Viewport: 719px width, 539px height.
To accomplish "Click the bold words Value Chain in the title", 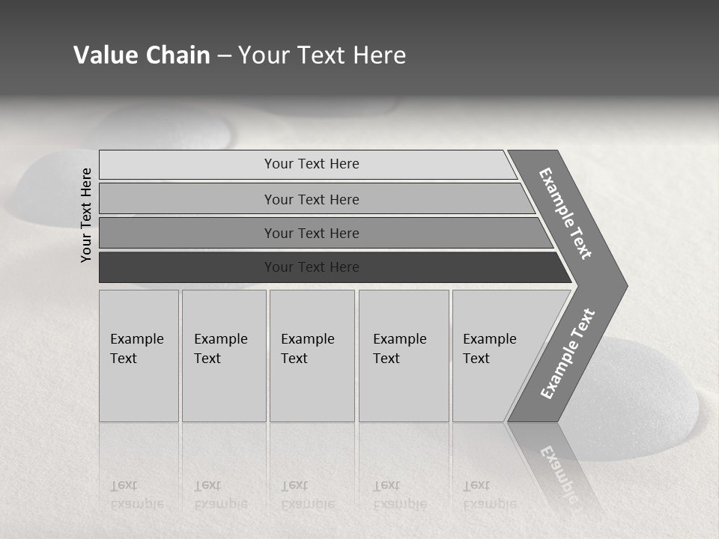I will [142, 55].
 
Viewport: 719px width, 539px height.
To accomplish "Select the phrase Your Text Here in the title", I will [322, 55].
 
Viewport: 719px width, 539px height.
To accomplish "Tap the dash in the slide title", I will [224, 56].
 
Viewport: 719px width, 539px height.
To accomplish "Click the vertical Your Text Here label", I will [86, 215].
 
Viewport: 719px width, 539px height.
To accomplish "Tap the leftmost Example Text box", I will [139, 356].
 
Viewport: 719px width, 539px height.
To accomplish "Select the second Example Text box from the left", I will [224, 356].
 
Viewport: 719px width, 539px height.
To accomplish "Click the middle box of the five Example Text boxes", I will [312, 356].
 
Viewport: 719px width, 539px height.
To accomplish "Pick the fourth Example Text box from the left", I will [404, 356].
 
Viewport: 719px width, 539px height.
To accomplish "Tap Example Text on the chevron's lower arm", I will [567, 354].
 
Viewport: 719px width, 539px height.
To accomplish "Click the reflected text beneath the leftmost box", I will [136, 495].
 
